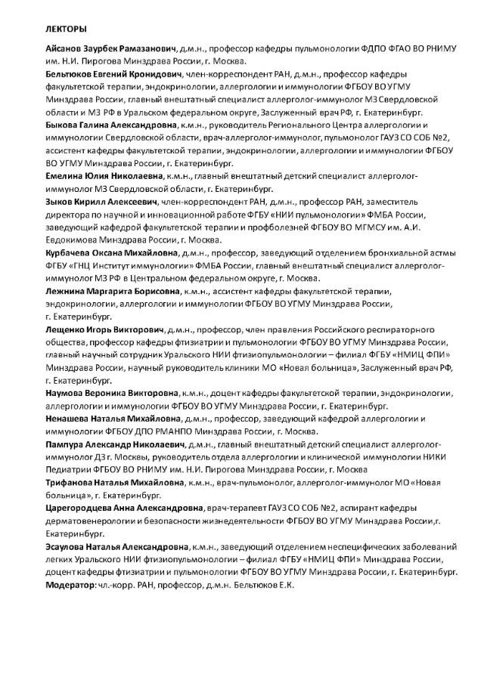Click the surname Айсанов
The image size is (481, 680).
pyautogui.click(x=66, y=48)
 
